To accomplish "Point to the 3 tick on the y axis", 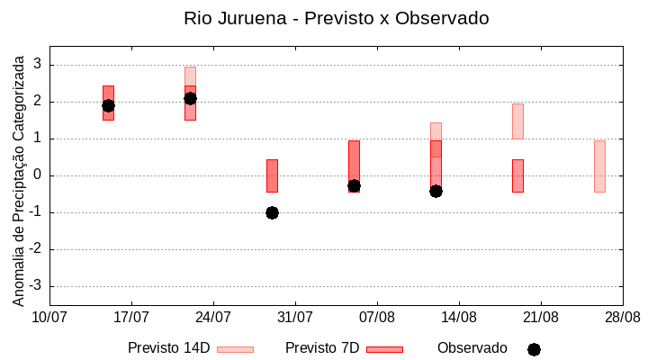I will click(x=40, y=65).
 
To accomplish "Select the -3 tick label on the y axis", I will click(x=37, y=286).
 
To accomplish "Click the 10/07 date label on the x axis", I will click(x=49, y=318).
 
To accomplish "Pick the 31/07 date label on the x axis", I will click(x=295, y=318).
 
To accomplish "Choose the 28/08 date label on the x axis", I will click(x=622, y=318).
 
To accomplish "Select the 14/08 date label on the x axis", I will click(x=459, y=318).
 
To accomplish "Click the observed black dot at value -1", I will click(x=272, y=212).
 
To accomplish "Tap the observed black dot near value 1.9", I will click(x=108, y=105).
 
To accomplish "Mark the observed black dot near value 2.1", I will click(x=190, y=98).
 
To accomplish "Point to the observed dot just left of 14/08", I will click(x=436, y=191).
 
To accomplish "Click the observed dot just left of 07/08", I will click(x=354, y=185).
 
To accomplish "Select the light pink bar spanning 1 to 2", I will click(x=517, y=121).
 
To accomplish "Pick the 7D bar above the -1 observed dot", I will click(x=272, y=175).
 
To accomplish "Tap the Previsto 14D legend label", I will click(x=168, y=348).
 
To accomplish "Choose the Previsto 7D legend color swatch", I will click(x=384, y=349).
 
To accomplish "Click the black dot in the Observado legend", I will click(x=534, y=349).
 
